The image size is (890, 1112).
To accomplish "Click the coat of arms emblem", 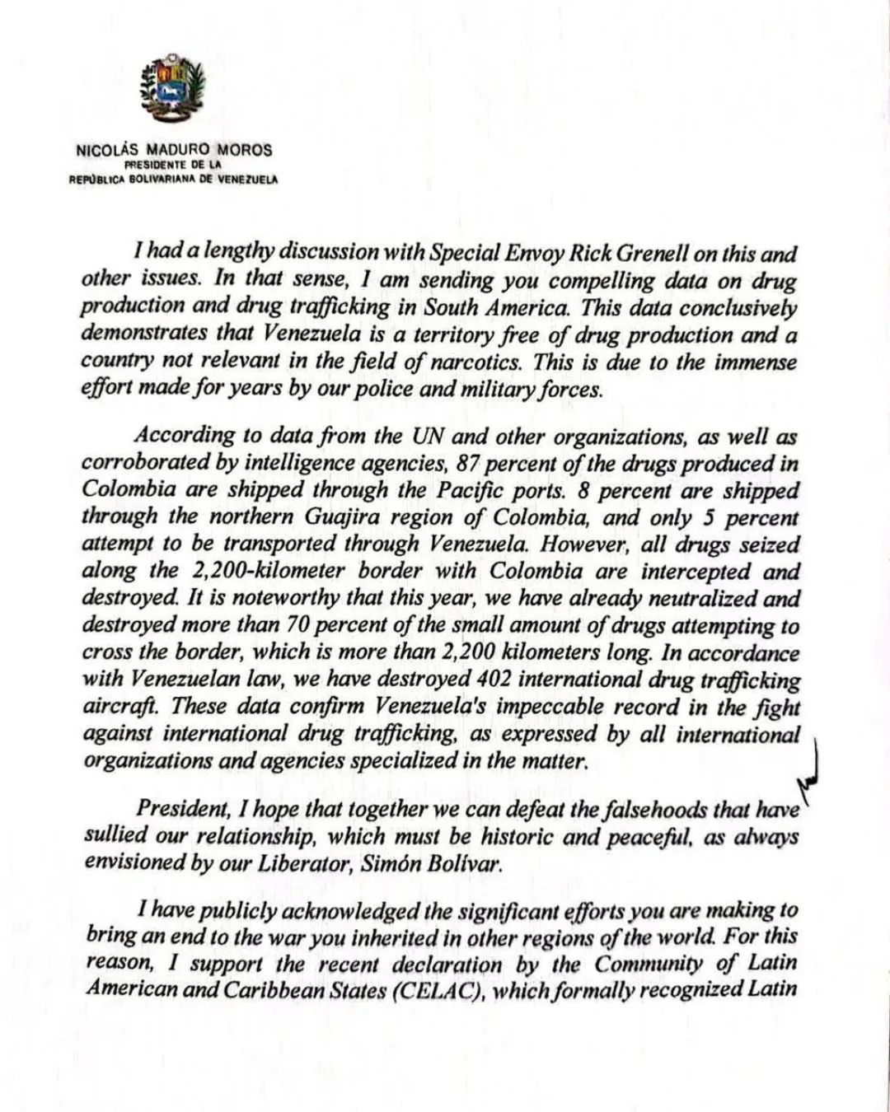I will pos(173,92).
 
